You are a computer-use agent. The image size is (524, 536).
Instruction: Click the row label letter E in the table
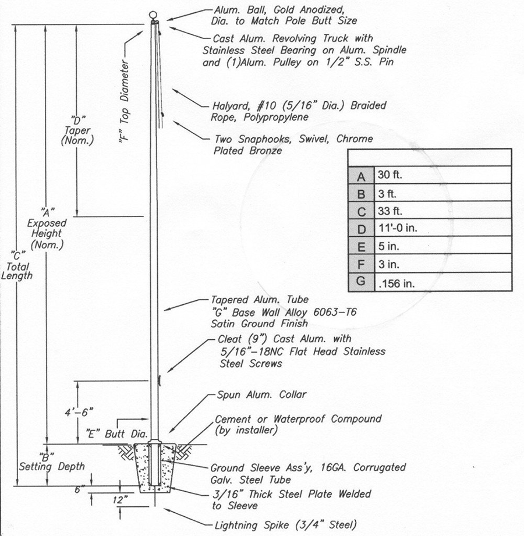[362, 247]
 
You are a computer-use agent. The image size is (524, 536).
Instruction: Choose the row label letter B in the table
[362, 193]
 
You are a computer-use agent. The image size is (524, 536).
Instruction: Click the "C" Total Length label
[17, 265]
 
